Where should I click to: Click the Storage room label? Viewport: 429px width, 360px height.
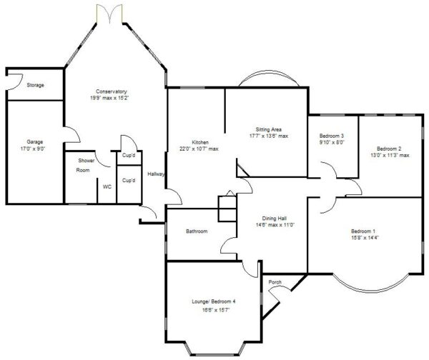point(35,85)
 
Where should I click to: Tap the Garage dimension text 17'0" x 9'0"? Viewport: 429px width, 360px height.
point(33,149)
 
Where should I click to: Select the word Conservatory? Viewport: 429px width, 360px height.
point(112,91)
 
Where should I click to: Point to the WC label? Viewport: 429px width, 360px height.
point(107,187)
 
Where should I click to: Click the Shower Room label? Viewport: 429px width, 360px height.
point(84,165)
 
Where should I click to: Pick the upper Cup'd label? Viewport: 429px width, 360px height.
point(129,155)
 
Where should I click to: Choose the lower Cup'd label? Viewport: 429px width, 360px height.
point(129,181)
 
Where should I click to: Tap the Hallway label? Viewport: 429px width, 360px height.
point(156,174)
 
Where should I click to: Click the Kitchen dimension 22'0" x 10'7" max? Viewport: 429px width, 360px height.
point(199,149)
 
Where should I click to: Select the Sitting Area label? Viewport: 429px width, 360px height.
point(269,129)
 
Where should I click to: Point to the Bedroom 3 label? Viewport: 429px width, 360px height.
point(332,136)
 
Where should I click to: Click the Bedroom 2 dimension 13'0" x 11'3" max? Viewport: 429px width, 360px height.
point(390,155)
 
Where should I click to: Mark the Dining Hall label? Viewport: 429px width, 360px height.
point(275,219)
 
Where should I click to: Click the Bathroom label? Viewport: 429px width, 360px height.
point(197,231)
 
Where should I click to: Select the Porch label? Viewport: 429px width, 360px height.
point(275,282)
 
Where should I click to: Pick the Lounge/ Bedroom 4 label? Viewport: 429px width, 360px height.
point(214,301)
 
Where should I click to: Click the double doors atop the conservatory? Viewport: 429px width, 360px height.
point(109,14)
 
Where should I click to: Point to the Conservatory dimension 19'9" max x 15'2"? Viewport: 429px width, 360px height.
point(109,98)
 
